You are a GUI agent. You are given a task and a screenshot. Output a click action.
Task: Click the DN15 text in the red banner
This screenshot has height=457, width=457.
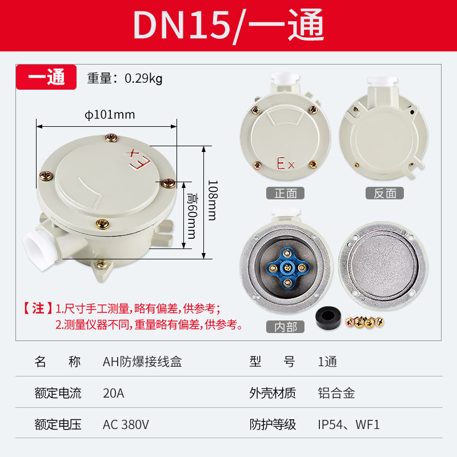coord(181,25)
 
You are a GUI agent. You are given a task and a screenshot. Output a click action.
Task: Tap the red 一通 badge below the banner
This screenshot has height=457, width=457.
coord(46,77)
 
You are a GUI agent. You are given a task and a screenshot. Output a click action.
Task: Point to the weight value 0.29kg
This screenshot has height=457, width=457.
coord(143,78)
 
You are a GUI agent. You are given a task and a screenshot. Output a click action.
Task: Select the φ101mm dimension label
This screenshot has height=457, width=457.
coord(110,115)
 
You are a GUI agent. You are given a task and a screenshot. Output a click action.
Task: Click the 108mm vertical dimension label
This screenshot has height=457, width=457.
coord(213,200)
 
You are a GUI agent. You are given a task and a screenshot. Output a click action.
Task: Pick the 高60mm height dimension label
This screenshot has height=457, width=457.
coord(192,216)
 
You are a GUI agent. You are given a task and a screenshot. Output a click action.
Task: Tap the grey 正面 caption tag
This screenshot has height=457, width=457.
coord(285,193)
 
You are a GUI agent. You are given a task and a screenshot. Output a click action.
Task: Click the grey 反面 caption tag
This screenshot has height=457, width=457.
coord(384,193)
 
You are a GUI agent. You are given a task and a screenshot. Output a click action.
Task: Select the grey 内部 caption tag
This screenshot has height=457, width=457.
coord(285,327)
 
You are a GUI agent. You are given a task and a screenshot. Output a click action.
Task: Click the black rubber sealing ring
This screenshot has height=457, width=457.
coord(328,317)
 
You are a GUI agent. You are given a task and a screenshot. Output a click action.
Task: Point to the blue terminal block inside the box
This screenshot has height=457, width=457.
coord(287,267)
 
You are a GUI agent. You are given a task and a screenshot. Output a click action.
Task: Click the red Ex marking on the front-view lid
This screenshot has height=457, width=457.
coord(285,163)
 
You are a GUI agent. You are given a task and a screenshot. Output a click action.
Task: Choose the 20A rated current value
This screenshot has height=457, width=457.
coord(113,393)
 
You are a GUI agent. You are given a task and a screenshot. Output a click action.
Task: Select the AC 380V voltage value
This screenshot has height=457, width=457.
coord(126,424)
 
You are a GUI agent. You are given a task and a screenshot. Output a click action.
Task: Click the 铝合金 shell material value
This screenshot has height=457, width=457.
coord(336,393)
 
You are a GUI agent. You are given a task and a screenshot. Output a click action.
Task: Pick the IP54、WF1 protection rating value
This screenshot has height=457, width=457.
coord(348,424)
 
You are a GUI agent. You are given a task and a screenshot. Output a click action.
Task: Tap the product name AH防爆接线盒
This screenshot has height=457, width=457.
coord(142,362)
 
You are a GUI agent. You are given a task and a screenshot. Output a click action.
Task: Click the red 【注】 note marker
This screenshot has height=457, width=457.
coord(38,308)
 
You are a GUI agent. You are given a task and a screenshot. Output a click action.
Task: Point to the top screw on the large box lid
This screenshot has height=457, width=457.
coord(111,138)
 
